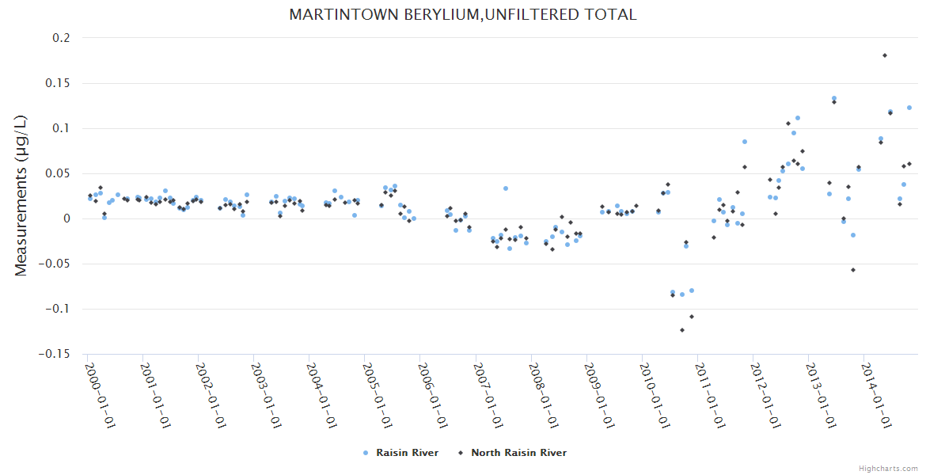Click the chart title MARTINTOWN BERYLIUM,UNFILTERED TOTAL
point(462,15)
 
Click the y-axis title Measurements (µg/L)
point(21,196)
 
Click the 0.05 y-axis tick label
point(57,173)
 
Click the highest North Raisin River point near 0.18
point(884,55)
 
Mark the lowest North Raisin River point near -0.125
point(682,330)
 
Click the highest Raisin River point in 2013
point(833,98)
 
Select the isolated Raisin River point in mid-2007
point(506,188)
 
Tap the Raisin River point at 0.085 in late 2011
point(745,142)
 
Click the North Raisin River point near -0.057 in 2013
point(853,270)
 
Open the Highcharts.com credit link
point(888,468)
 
